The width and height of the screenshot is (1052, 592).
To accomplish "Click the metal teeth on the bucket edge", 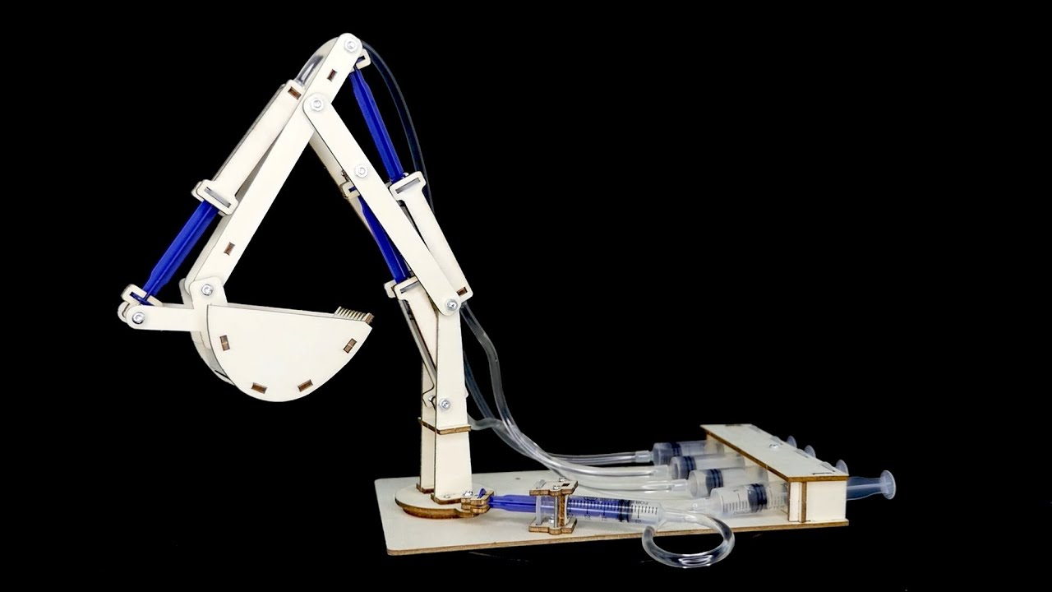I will click(x=354, y=315).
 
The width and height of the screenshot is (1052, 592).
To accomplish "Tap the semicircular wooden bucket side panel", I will click(x=279, y=349).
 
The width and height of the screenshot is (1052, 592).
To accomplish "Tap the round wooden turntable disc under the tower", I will click(x=427, y=502).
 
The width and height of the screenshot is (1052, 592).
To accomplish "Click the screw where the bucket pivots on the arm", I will click(x=207, y=289).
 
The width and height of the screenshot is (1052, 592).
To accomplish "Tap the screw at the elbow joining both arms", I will click(x=316, y=103).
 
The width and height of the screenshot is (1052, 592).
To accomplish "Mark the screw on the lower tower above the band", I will click(x=444, y=404).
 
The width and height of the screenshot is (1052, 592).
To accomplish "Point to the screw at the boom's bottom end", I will click(x=451, y=304).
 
